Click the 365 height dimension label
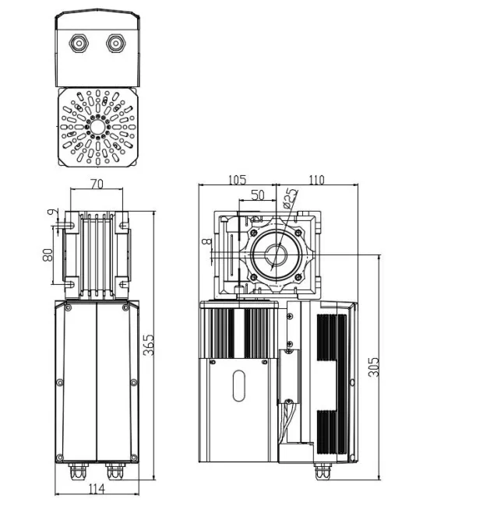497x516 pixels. click(149, 345)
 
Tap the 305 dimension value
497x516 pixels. click(373, 367)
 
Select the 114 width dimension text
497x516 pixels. click(97, 488)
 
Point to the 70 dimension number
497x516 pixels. click(97, 184)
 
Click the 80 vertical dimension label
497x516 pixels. click(48, 254)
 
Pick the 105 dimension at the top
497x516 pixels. click(238, 179)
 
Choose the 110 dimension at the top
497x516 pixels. click(316, 179)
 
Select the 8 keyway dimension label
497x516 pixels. click(206, 243)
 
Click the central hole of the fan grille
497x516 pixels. click(97, 126)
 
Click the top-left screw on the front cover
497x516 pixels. click(68, 308)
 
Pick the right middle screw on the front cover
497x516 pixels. click(133, 381)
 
